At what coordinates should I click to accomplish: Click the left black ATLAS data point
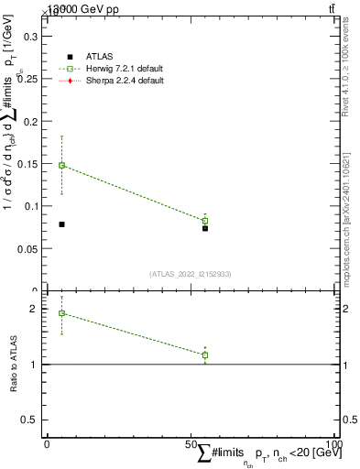pyautogui.click(x=61, y=224)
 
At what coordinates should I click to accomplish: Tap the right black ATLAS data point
pyautogui.click(x=205, y=228)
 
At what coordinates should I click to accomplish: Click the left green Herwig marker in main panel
pyautogui.click(x=61, y=166)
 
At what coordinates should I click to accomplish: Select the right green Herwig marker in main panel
pyautogui.click(x=205, y=221)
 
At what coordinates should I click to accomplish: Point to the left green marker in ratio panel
pyautogui.click(x=61, y=313)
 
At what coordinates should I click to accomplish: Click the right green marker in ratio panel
pyautogui.click(x=205, y=354)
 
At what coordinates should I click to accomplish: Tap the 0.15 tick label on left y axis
pyautogui.click(x=28, y=164)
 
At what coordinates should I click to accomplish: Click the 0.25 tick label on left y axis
pyautogui.click(x=28, y=79)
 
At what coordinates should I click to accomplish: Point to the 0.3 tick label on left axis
pyautogui.click(x=31, y=37)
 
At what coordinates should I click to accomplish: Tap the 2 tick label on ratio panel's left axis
pyautogui.click(x=34, y=309)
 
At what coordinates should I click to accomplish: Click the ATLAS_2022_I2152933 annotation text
pyautogui.click(x=190, y=274)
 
